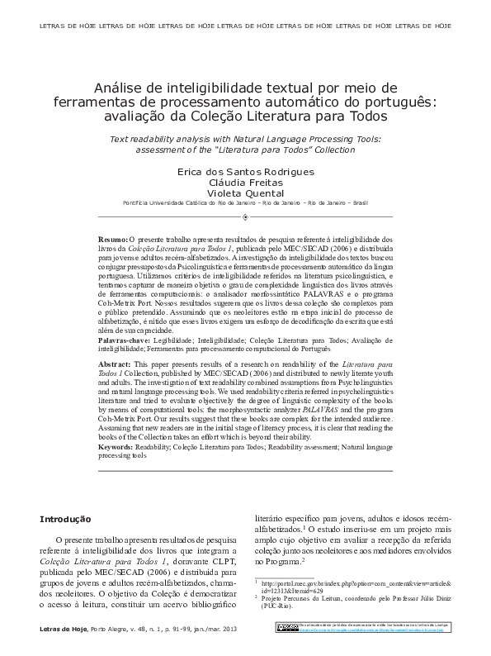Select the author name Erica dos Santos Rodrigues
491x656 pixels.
tap(245, 172)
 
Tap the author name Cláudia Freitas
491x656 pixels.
tap(245, 183)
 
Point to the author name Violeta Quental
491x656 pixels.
tap(245, 193)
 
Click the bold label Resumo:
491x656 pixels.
tap(113, 238)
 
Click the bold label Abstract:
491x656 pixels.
tap(115, 364)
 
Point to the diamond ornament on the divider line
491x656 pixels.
tap(245, 217)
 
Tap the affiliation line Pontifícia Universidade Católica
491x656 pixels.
tap(245, 202)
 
